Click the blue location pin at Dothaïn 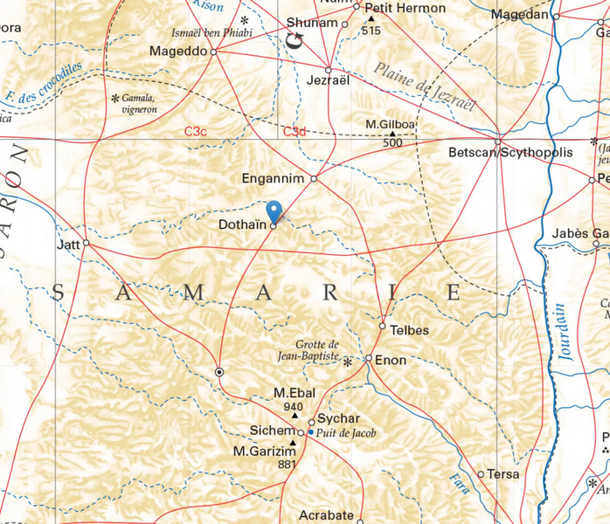[274, 210]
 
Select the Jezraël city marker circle [329, 70]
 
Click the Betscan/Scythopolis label [509, 153]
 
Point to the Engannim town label [273, 178]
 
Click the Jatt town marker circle [86, 244]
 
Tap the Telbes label [409, 330]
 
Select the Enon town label [391, 359]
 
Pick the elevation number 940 [293, 407]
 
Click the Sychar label [338, 419]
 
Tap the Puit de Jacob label [347, 432]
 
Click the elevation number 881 [287, 465]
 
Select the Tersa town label [503, 474]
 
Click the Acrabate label [326, 515]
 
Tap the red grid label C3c [195, 131]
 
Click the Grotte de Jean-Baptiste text [316, 350]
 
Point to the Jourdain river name [565, 332]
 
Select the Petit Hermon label [404, 8]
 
